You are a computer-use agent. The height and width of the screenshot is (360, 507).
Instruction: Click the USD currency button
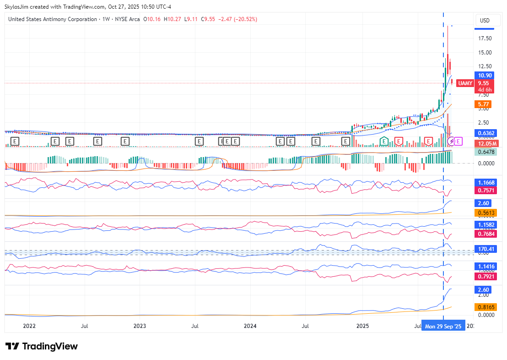pos(484,20)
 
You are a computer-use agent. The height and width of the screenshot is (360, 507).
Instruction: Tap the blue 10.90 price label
pos(485,75)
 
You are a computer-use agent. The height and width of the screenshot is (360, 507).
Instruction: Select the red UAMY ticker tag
pos(465,83)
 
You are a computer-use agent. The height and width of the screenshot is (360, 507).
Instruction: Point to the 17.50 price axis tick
pos(485,38)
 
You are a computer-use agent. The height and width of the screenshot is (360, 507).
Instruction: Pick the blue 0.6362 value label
pos(485,133)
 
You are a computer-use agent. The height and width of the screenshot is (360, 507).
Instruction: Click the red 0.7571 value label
pos(485,190)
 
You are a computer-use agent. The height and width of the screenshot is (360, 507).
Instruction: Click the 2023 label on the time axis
pos(140,326)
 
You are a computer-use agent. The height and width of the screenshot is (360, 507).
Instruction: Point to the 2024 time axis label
pos(250,326)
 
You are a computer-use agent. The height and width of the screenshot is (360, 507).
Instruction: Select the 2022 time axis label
pos(29,326)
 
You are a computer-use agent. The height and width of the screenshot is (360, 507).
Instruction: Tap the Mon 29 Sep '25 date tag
pos(443,327)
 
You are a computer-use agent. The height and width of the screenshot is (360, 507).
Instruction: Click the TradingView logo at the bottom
pos(42,346)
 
